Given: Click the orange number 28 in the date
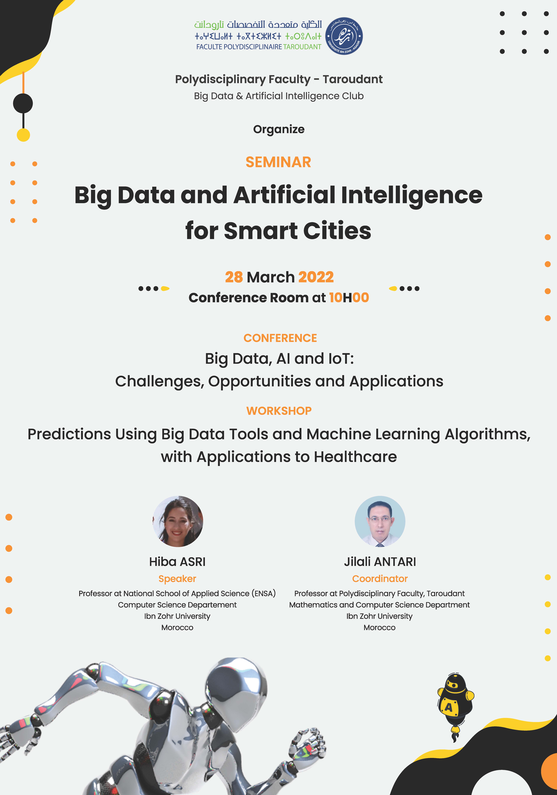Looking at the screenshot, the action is click(x=234, y=277).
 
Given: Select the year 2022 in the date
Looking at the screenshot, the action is click(x=316, y=277).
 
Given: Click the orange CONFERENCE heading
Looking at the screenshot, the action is click(x=280, y=338).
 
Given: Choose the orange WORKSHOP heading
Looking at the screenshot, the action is click(x=279, y=411).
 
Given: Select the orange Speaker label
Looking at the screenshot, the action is click(x=177, y=579).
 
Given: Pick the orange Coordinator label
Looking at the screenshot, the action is click(x=380, y=579).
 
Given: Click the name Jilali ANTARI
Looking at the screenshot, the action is click(x=380, y=562).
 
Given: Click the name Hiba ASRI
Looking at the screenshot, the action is click(x=177, y=562).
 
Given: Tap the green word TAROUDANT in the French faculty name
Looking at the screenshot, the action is click(x=302, y=47).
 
